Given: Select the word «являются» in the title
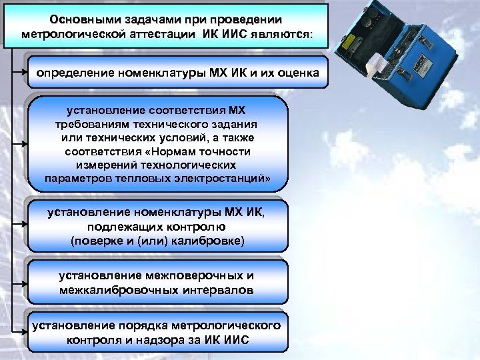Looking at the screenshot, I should click(281, 33).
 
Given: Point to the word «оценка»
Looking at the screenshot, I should click(294, 71).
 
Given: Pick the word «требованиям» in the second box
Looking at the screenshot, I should click(90, 125).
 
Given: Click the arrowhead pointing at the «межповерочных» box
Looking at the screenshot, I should click(25, 283).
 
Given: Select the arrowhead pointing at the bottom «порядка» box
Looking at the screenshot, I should click(25, 331).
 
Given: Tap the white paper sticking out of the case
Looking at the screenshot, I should click(375, 66).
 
